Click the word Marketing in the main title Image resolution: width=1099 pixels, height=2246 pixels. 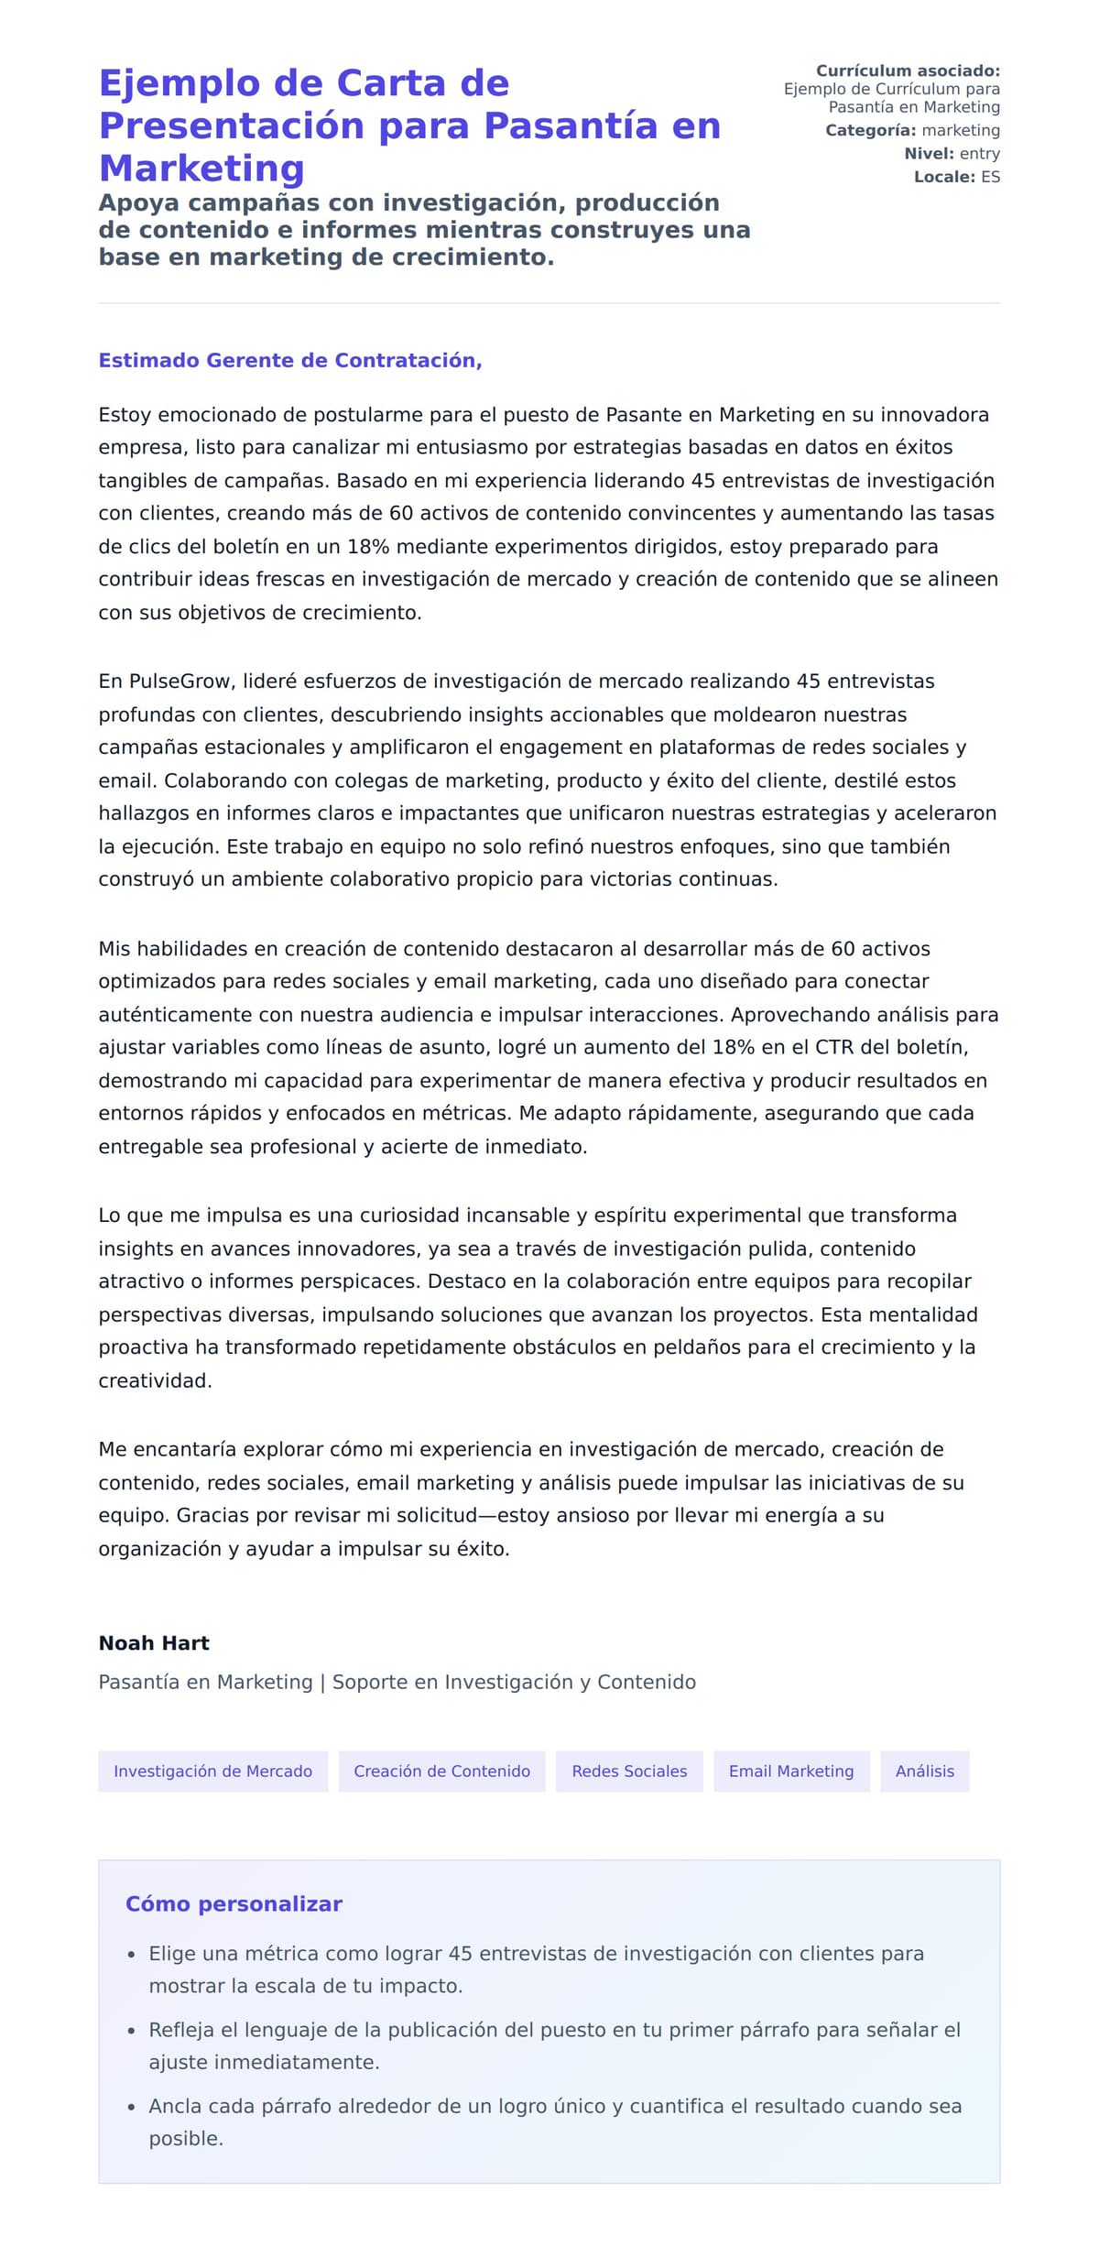(201, 169)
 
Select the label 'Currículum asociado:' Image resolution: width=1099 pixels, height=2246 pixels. (908, 71)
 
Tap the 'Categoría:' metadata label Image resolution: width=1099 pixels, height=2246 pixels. (870, 130)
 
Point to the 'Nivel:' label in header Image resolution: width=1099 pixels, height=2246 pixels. (929, 154)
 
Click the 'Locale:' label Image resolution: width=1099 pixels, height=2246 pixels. (944, 177)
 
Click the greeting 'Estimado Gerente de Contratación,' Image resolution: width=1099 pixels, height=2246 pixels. (290, 360)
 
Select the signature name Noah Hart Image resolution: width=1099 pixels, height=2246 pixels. (154, 1642)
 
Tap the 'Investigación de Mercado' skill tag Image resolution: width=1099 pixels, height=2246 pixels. (212, 1771)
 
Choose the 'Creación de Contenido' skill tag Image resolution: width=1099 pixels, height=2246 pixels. (441, 1771)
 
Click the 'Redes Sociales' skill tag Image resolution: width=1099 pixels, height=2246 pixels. (629, 1771)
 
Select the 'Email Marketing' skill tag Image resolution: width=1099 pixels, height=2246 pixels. (791, 1771)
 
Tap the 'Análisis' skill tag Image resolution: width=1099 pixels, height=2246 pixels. (924, 1771)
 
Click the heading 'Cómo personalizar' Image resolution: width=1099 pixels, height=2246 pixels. (234, 1903)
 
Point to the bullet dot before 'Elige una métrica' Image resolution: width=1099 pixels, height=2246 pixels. (131, 1954)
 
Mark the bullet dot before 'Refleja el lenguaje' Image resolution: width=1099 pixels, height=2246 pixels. (131, 2030)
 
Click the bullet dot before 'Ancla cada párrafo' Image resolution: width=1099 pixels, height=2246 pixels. (131, 2107)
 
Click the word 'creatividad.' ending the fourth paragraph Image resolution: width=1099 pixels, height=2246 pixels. (155, 1380)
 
